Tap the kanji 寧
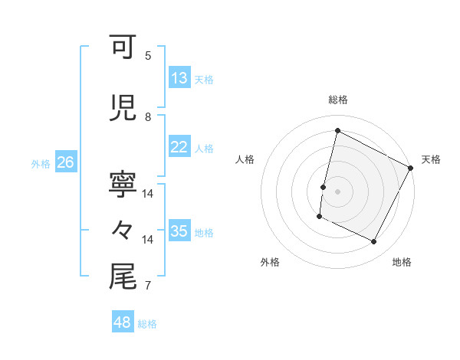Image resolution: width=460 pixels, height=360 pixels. (x=123, y=185)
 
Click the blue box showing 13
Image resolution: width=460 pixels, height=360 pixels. (x=179, y=78)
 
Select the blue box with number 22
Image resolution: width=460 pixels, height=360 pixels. (x=179, y=148)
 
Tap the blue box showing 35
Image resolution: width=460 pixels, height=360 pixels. (x=179, y=232)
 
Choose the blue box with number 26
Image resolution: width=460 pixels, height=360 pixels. (x=65, y=162)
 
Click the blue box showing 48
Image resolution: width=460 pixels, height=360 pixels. (x=123, y=322)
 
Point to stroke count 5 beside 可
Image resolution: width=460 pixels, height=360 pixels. (x=148, y=55)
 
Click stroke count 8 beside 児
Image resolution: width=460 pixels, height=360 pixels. (x=148, y=116)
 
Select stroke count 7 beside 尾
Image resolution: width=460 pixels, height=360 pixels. (x=148, y=286)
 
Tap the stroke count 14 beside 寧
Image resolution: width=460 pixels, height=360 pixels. (x=148, y=194)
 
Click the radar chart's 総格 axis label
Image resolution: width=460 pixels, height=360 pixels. (x=338, y=100)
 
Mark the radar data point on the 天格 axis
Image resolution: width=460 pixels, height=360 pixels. (x=411, y=168)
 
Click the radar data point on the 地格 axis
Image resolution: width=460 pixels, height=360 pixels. (x=373, y=242)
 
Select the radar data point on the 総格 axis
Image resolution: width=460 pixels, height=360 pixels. (x=337, y=131)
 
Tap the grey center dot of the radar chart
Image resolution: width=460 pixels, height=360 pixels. (x=337, y=191)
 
